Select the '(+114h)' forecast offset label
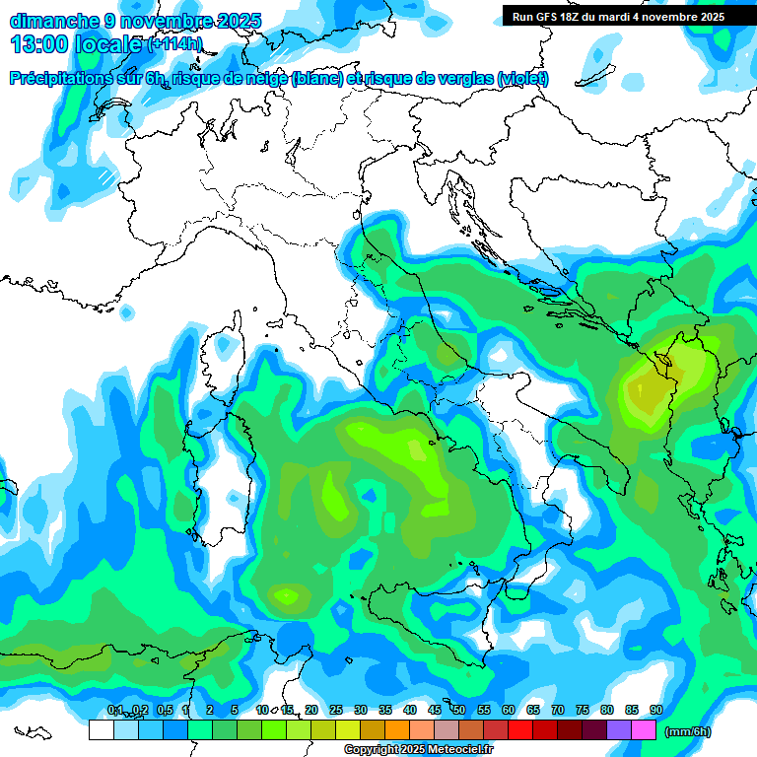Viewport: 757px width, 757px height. (174, 44)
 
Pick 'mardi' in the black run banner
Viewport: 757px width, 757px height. (616, 16)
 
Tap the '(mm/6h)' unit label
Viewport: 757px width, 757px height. (688, 731)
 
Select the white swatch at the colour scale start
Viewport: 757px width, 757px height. (101, 730)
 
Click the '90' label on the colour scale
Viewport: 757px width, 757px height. (656, 711)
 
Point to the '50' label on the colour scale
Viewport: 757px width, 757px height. (459, 711)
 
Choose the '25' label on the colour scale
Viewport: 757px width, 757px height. (336, 711)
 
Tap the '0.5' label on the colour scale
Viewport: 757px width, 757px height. (164, 711)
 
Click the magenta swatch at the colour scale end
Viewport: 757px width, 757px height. (645, 730)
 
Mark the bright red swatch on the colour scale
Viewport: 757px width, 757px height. (520, 730)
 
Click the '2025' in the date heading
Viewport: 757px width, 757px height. (240, 21)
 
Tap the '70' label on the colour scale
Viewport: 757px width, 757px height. (558, 711)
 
